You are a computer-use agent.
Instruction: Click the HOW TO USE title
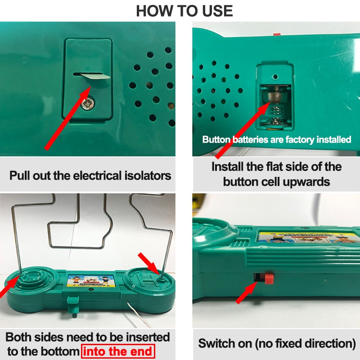pyautogui.click(x=184, y=11)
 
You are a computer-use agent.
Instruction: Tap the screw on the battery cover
pyautogui.click(x=88, y=103)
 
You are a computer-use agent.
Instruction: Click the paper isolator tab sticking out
pyautogui.click(x=94, y=76)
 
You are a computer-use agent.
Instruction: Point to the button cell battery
pyautogui.click(x=276, y=94)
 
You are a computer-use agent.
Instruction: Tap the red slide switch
pyautogui.click(x=269, y=278)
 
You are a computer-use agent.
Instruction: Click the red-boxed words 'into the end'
pyautogui.click(x=118, y=351)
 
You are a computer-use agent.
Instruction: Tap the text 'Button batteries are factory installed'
pyautogui.click(x=277, y=139)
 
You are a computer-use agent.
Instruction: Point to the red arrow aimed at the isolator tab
pyautogui.click(x=68, y=118)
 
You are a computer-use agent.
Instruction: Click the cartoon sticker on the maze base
pyautogui.click(x=90, y=281)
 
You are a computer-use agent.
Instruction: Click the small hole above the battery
pyautogui.click(x=275, y=77)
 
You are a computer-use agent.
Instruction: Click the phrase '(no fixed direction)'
pyautogui.click(x=306, y=343)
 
